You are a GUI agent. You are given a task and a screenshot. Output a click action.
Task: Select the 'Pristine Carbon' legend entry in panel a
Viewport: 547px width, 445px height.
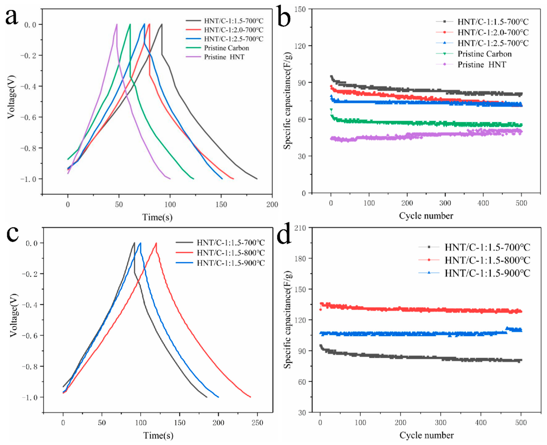pyautogui.click(x=226, y=48)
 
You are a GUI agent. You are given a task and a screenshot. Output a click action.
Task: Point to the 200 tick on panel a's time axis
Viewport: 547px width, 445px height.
pyautogui.click(x=272, y=205)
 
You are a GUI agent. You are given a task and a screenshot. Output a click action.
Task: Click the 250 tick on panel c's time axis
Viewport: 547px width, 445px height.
pyautogui.click(x=257, y=423)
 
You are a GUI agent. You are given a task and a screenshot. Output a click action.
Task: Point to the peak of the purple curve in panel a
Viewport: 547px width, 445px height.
pyautogui.click(x=117, y=24)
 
